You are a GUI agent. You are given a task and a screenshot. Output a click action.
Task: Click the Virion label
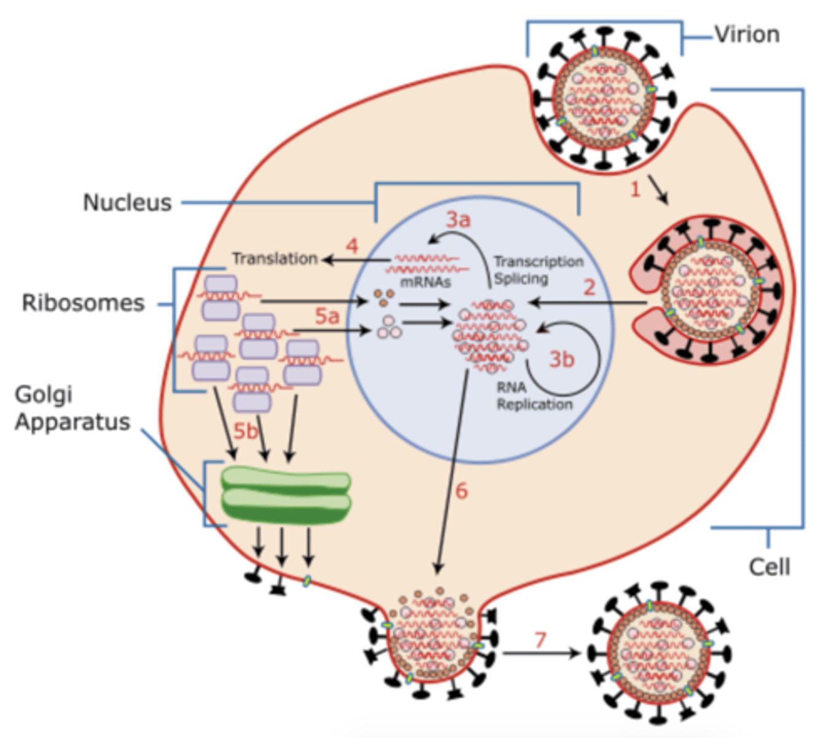746,35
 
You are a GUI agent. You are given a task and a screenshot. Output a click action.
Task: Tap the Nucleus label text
127,202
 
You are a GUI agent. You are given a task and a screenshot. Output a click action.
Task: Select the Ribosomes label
83,303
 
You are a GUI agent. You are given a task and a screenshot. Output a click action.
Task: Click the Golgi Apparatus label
72,408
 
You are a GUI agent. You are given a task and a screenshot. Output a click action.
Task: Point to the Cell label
769,566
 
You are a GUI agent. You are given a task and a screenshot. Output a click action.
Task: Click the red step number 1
636,189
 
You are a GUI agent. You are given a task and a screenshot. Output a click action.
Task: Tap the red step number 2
589,287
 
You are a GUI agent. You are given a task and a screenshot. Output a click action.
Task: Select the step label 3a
458,219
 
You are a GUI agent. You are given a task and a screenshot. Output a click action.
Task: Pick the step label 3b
561,359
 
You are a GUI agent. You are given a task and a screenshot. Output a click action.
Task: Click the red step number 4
352,246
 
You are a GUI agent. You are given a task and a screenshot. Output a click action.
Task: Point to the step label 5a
327,316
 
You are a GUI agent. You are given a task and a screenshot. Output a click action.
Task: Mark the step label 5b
245,431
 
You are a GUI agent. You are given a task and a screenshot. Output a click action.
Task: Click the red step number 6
461,491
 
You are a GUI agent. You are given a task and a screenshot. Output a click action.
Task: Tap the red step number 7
540,640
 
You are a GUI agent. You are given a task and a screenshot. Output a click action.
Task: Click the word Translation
275,259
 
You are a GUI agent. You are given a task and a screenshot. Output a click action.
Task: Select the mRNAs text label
425,282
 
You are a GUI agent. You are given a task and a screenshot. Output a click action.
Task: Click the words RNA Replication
534,396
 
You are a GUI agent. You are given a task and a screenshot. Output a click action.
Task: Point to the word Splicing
521,279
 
